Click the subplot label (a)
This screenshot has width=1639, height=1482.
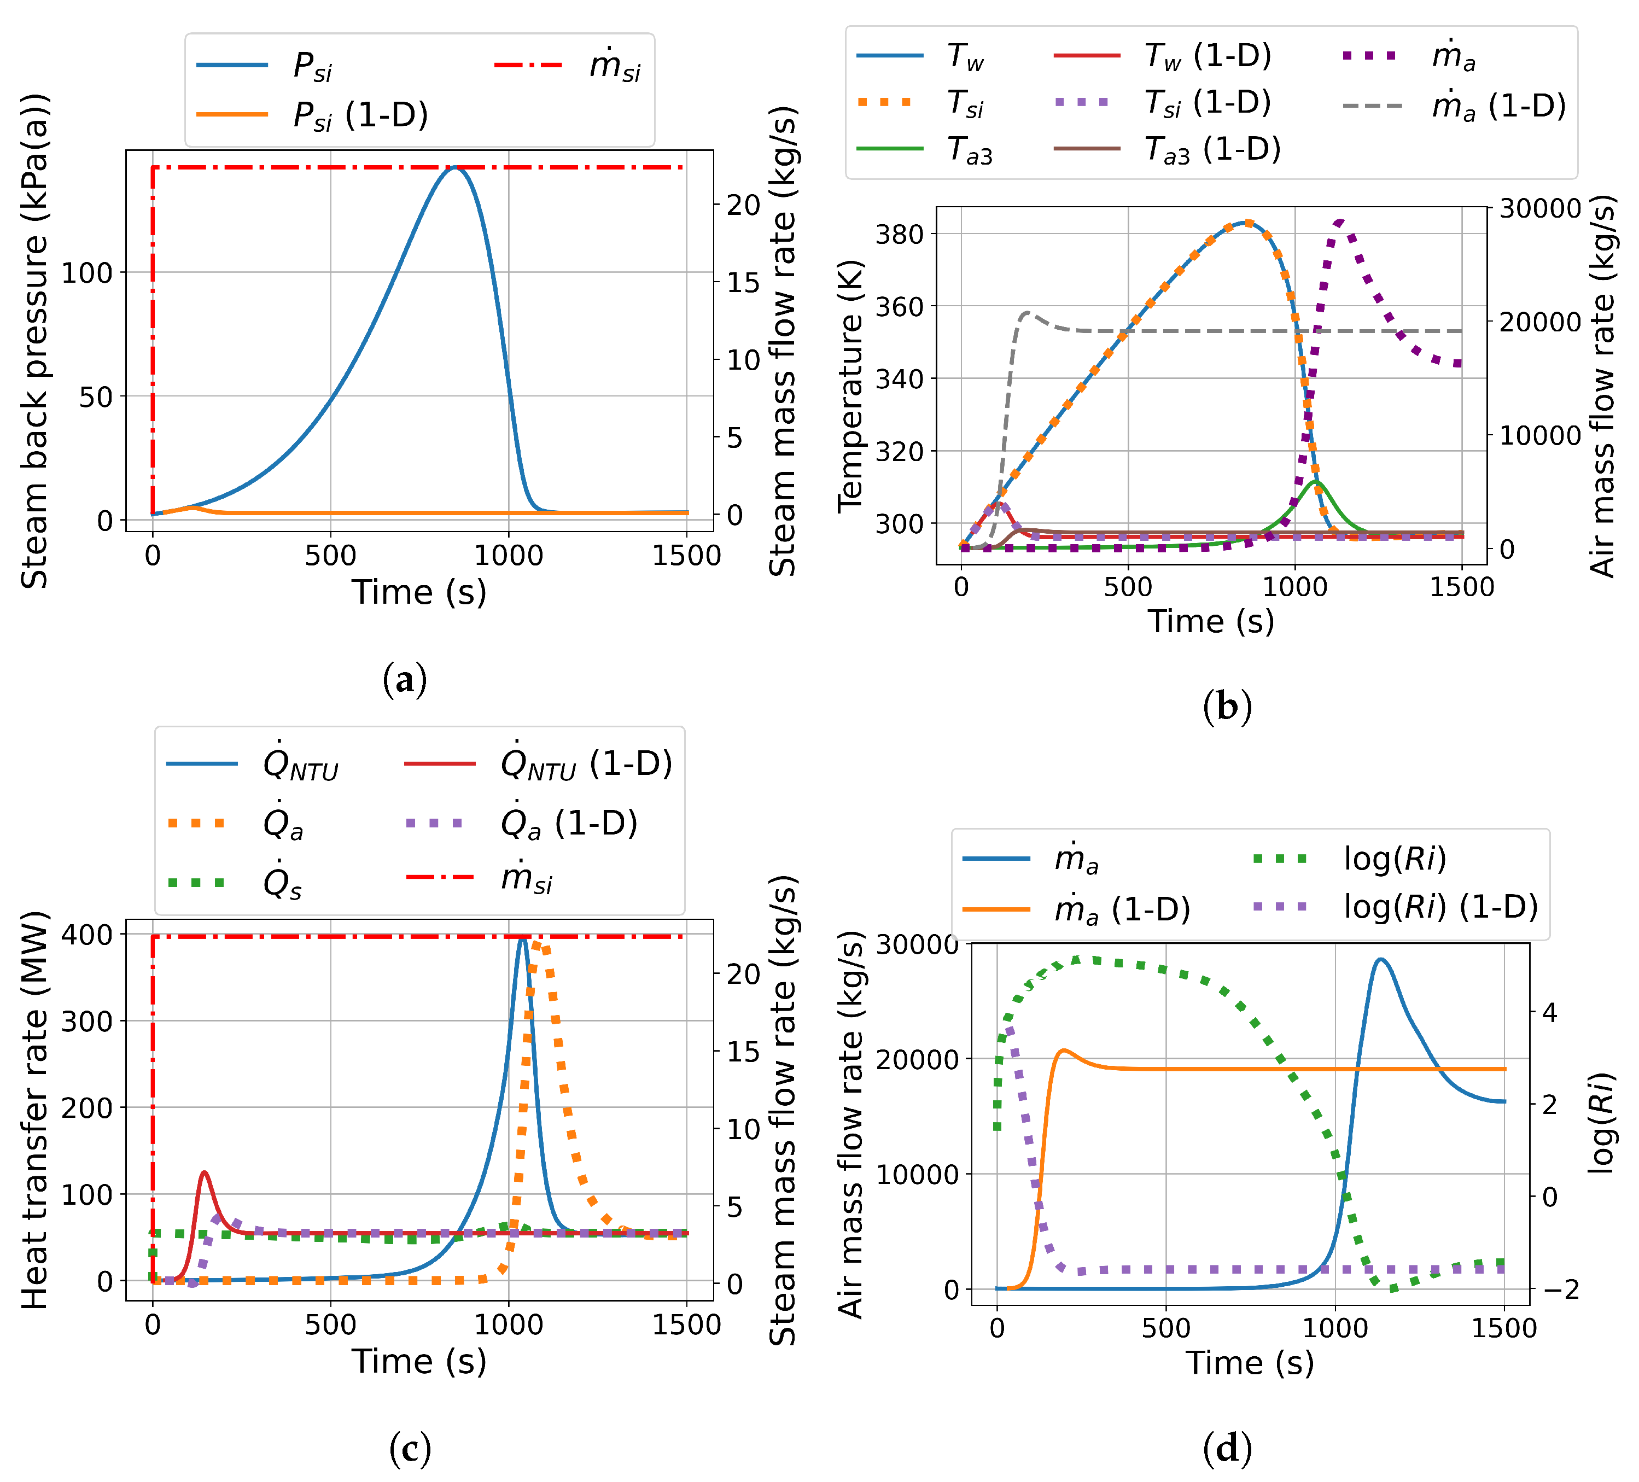coord(404,680)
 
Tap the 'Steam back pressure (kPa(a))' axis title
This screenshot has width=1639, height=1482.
coord(34,341)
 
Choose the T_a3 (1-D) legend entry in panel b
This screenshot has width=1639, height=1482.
coord(1211,150)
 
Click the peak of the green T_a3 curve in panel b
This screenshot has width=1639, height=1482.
coord(1315,482)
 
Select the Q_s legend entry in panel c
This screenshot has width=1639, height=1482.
coord(282,883)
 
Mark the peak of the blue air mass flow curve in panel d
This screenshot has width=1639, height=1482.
coord(1380,959)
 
